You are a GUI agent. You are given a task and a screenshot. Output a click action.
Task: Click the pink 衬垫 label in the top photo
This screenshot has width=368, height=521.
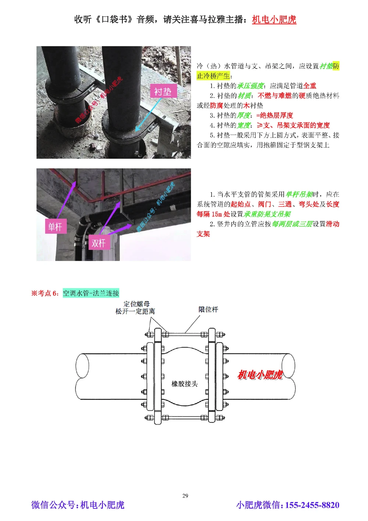pyautogui.click(x=163, y=91)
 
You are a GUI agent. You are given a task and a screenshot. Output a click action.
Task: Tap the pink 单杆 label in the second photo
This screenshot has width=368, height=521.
pyautogui.click(x=55, y=226)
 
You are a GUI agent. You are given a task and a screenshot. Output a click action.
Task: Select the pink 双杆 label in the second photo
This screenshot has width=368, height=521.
pyautogui.click(x=98, y=243)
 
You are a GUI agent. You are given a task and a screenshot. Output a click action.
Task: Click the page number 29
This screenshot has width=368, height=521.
pyautogui.click(x=185, y=496)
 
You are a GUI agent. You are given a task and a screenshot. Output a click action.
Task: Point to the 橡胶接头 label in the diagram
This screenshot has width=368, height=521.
pyautogui.click(x=184, y=384)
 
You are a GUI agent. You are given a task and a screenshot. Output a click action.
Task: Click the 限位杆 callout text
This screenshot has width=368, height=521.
pyautogui.click(x=208, y=310)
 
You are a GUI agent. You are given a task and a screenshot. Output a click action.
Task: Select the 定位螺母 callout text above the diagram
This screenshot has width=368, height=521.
pyautogui.click(x=137, y=304)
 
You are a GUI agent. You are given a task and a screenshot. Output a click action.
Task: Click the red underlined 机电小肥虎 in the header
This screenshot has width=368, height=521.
pyautogui.click(x=274, y=20)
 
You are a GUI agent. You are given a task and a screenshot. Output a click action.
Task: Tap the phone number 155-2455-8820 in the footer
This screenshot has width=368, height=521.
pyautogui.click(x=312, y=505)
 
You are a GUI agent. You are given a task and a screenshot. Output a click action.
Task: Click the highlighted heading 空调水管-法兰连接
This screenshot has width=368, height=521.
pyautogui.click(x=91, y=293)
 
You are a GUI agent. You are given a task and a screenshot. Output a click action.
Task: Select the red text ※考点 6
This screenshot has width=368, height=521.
pyautogui.click(x=45, y=293)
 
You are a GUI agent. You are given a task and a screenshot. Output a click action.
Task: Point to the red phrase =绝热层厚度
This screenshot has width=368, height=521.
pyautogui.click(x=275, y=115)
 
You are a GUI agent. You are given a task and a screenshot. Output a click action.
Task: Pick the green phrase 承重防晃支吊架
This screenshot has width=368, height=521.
pyautogui.click(x=267, y=214)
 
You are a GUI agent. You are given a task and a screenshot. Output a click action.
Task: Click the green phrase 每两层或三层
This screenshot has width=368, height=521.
pyautogui.click(x=292, y=224)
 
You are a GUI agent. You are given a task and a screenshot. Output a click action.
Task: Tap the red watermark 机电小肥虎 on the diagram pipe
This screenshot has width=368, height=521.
pyautogui.click(x=260, y=375)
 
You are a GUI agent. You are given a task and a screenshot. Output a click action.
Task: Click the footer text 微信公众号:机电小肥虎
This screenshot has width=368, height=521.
pyautogui.click(x=78, y=505)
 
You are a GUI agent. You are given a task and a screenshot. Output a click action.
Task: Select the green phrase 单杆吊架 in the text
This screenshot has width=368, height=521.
pyautogui.click(x=299, y=194)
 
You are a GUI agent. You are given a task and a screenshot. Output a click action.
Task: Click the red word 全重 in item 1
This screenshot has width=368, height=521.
pyautogui.click(x=309, y=86)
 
